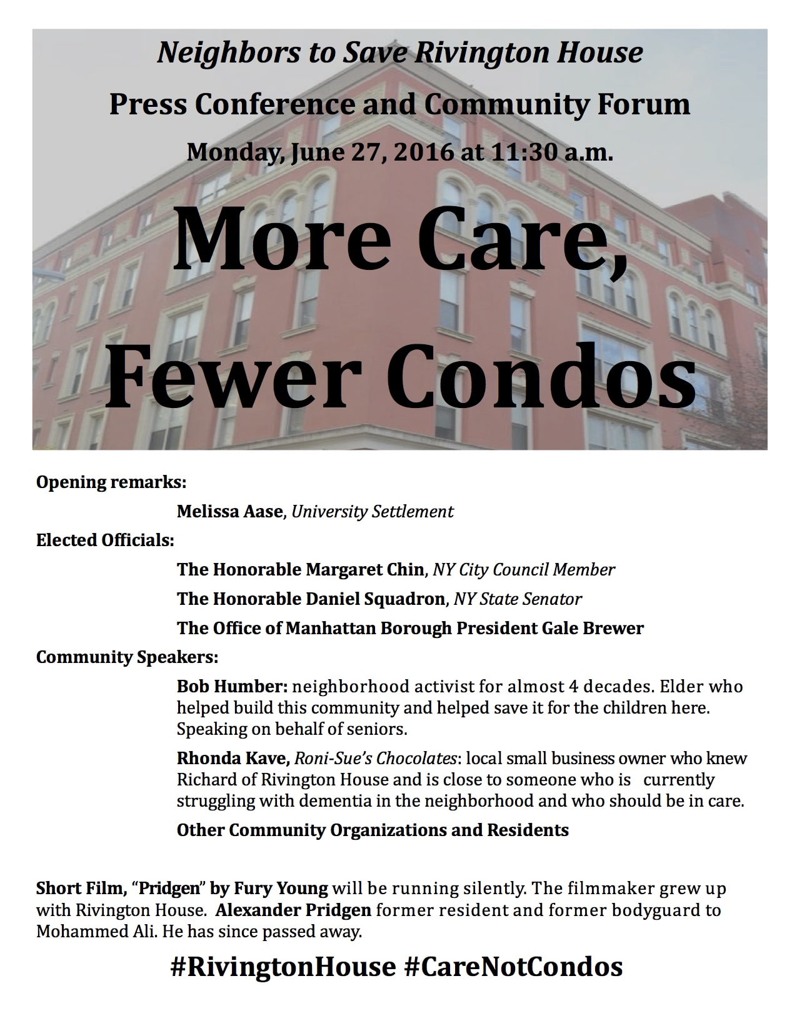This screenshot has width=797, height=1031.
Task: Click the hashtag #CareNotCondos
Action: (x=513, y=967)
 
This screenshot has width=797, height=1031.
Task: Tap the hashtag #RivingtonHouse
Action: (x=283, y=967)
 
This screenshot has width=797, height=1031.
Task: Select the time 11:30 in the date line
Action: (x=523, y=152)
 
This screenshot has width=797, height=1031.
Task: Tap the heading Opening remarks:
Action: (x=111, y=482)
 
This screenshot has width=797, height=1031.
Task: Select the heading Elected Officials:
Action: (x=105, y=540)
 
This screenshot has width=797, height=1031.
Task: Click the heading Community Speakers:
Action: (x=127, y=657)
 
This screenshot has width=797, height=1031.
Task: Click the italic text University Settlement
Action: (x=373, y=512)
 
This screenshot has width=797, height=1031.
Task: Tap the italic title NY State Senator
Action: (x=518, y=599)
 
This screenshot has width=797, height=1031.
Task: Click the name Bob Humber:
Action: (x=232, y=686)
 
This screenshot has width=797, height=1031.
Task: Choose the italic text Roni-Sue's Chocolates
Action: (x=375, y=759)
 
